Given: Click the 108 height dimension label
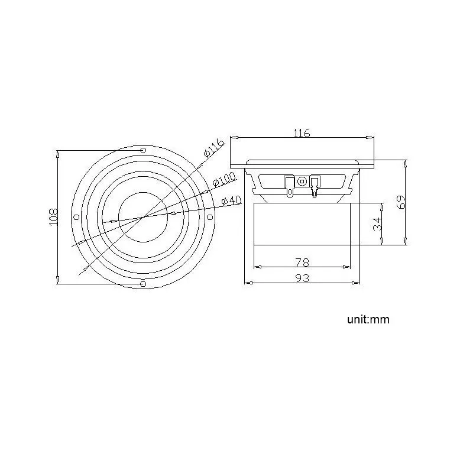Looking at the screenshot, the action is coord(53,216).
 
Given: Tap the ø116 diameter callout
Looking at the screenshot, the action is coord(214,148).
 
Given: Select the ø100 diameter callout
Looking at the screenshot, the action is coord(224,179).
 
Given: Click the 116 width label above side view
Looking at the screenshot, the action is coord(302,132).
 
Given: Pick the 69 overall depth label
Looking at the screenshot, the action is coord(401,202).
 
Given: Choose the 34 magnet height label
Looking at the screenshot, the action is coord(377,224).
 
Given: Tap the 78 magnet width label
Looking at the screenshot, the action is coord(302,263).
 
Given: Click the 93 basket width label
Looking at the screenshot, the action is coord(302,278).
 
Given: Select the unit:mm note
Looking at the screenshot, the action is coord(368,319).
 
